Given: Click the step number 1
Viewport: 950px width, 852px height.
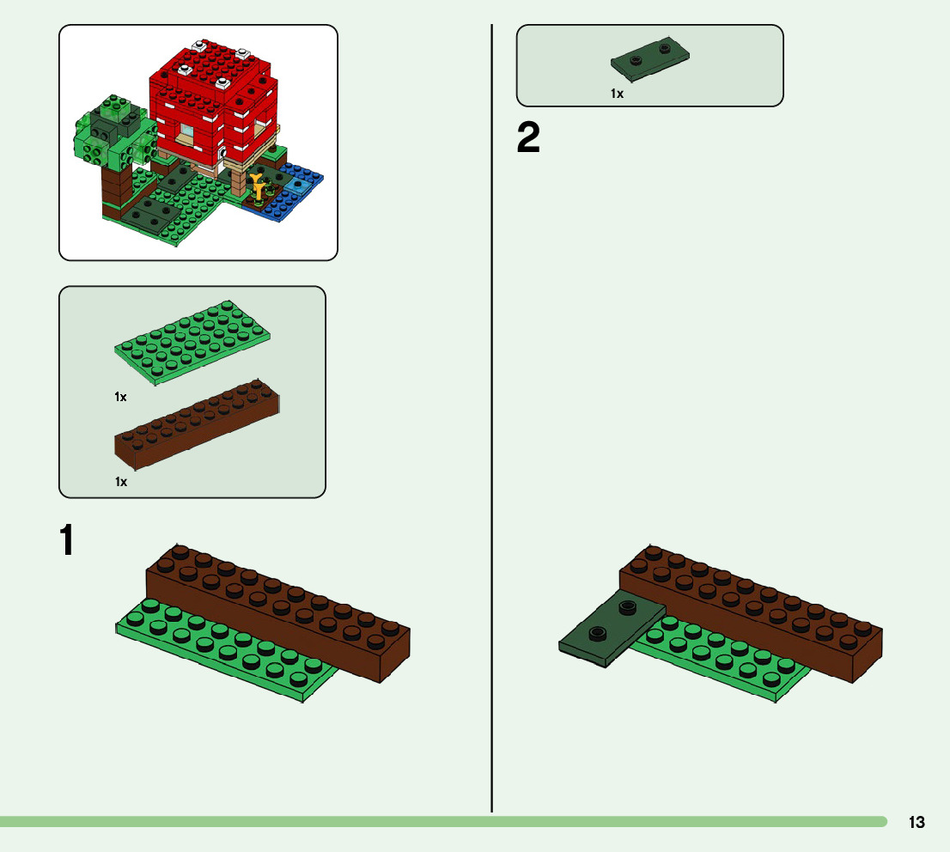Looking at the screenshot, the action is click(x=66, y=540).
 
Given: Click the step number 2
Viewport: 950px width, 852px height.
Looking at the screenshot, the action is click(x=528, y=138).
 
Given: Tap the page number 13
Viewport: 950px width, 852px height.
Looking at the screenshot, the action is click(x=917, y=822).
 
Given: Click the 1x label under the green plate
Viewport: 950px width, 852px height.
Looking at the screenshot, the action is click(x=121, y=397).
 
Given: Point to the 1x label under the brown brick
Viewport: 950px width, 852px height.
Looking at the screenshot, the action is click(x=121, y=482).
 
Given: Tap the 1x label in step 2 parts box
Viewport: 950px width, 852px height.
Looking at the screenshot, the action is click(x=617, y=94).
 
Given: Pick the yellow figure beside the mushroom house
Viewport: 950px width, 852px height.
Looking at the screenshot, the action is click(x=257, y=184).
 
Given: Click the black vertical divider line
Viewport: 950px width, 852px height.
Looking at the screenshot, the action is click(x=491, y=429).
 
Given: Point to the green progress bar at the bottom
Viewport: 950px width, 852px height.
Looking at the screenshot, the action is click(x=429, y=822).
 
